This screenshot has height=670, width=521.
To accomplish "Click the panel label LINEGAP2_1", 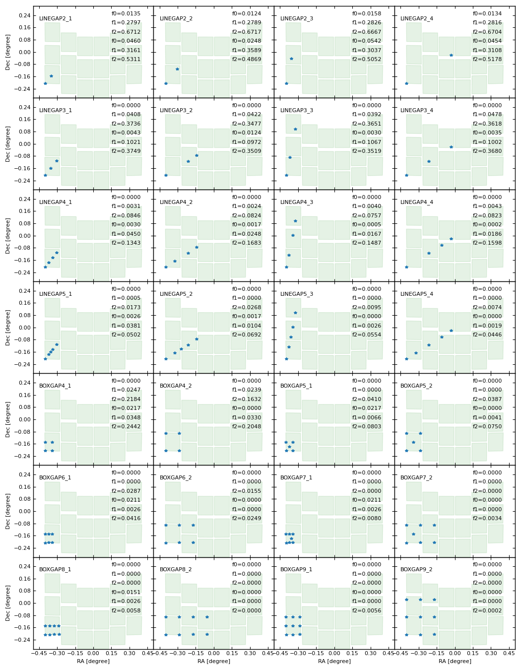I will click(56, 18).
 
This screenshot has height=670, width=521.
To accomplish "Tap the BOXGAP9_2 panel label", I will click(416, 569).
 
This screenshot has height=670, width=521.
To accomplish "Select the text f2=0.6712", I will click(126, 32).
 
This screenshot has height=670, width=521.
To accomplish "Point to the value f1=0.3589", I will click(247, 50).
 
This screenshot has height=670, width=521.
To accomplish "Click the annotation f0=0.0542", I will click(367, 41).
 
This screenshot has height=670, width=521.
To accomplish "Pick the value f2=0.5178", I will click(487, 60).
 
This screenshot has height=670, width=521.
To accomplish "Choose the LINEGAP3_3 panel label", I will click(297, 110).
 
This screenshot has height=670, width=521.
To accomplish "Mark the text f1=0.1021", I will click(126, 142).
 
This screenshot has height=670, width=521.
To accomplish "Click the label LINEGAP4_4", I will click(417, 202).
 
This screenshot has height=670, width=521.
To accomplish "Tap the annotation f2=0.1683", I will click(247, 243).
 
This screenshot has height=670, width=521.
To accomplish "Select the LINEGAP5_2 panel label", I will click(176, 294).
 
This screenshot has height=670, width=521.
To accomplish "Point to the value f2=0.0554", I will click(367, 335).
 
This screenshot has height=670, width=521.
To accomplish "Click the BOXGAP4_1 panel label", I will click(55, 386).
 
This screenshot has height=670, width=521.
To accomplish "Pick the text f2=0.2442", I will click(126, 427).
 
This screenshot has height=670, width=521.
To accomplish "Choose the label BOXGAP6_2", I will click(176, 477).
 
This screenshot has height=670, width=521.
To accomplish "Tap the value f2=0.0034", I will click(487, 519).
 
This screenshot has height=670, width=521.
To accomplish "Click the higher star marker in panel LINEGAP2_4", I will click(451, 55).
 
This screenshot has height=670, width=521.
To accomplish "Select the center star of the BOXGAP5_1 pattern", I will click(289, 447).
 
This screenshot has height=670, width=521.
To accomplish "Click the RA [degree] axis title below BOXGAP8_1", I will click(93, 661).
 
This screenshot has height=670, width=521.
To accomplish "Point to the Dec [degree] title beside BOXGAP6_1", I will click(8, 511).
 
